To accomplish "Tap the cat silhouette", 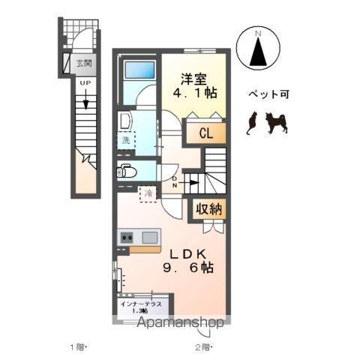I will (x=251, y=122).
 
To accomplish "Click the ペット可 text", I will (x=268, y=95).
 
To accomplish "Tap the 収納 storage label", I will (x=209, y=209).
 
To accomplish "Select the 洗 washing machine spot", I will (x=125, y=139).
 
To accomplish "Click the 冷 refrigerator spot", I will (x=148, y=193).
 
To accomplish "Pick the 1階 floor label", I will (x=79, y=346).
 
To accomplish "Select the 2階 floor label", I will (x=203, y=346).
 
